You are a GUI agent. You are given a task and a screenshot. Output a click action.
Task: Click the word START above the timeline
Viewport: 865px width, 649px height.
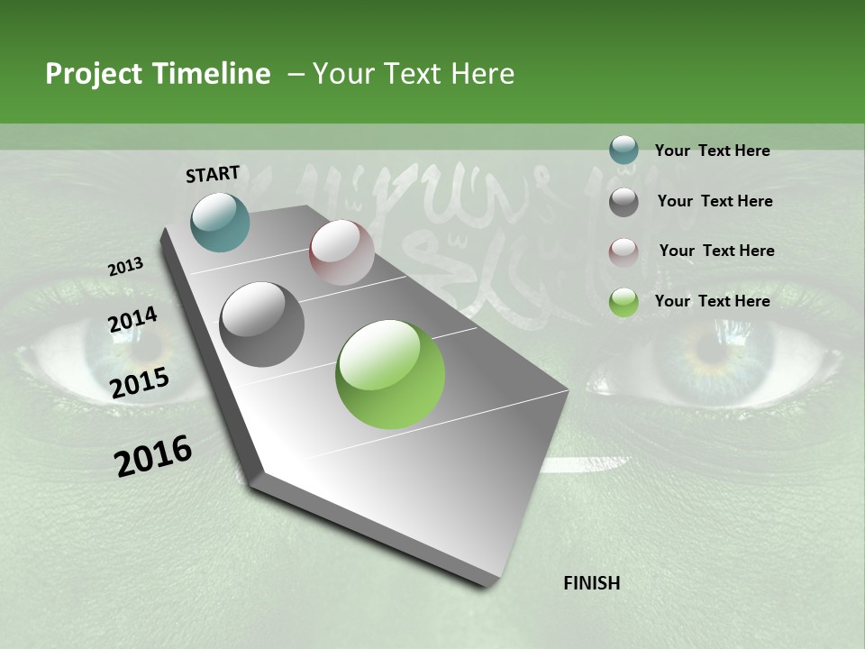pos(213,174)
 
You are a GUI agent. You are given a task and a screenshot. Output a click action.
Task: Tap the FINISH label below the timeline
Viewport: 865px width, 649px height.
pos(591,583)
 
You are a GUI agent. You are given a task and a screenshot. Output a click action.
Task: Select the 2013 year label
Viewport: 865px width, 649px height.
pos(125,267)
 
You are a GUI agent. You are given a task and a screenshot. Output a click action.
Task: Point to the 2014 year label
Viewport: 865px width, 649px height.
pos(133,320)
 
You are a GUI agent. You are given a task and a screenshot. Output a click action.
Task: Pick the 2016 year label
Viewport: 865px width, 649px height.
pos(153,456)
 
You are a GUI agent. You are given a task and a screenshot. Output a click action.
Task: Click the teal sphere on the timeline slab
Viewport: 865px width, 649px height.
pos(220,222)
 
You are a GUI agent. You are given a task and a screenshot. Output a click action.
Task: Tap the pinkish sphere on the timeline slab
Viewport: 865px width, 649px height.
pos(341,252)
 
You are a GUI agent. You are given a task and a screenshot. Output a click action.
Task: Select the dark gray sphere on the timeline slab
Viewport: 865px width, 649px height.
pos(262,324)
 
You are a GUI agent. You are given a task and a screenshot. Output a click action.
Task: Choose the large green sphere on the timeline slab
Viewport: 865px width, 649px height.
pos(390,374)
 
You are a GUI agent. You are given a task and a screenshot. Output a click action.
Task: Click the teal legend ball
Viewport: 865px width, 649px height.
pos(624,151)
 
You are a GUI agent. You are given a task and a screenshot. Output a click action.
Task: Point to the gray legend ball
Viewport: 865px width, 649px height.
pos(624,201)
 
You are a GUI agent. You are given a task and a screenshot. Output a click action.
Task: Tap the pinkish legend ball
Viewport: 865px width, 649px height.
pos(624,251)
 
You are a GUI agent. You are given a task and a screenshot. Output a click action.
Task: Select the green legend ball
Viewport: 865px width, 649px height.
pos(624,302)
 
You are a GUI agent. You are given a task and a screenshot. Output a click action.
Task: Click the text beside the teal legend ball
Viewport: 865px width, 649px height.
pos(712,151)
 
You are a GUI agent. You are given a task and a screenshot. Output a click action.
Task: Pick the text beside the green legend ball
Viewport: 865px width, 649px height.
pos(712,301)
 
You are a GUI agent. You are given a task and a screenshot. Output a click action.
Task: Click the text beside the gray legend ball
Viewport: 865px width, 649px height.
pos(715,201)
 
